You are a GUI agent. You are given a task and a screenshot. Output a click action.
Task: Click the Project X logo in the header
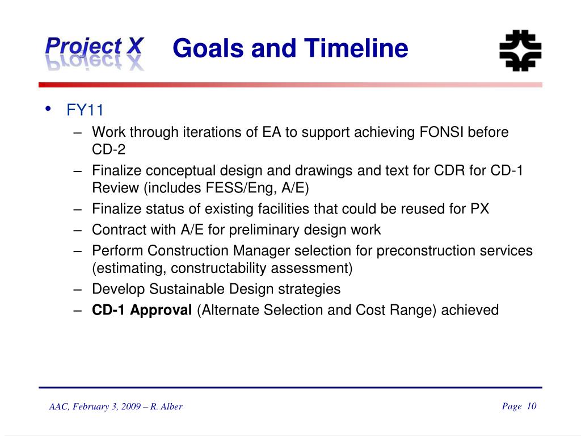95,53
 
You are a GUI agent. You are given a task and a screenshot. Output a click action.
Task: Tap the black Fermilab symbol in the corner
520,51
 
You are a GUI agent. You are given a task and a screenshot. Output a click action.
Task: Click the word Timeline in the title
356,48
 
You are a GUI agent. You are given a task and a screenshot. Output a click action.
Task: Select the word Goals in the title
208,48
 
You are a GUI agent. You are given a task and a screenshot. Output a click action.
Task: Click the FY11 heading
85,110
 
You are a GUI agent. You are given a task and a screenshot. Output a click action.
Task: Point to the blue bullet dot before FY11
48,108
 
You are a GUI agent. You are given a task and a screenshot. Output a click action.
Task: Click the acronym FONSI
441,132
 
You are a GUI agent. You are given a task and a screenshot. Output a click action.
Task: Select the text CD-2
108,149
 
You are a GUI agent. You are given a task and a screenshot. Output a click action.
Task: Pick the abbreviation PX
480,209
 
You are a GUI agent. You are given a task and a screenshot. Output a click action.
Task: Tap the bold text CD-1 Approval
142,311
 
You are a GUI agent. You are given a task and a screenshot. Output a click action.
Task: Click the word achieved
470,310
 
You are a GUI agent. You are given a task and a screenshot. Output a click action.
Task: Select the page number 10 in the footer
531,406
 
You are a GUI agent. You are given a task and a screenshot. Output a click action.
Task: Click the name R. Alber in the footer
166,406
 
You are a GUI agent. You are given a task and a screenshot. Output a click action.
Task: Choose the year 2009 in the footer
131,406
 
